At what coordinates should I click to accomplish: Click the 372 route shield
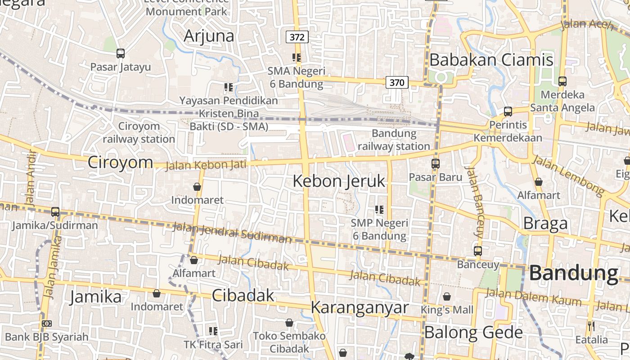click(x=297, y=37)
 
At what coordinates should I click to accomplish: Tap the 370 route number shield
click(x=396, y=82)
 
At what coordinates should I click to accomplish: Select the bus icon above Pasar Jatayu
click(x=120, y=54)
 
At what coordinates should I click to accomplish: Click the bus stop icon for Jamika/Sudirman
click(x=55, y=211)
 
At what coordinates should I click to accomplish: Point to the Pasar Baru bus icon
click(x=435, y=164)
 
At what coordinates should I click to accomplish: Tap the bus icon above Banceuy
click(x=477, y=251)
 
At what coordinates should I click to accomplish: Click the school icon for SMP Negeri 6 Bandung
click(x=379, y=210)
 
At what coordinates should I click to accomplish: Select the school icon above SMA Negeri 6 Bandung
click(x=296, y=58)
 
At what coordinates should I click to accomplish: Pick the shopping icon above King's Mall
click(x=446, y=297)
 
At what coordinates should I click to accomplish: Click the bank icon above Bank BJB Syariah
click(x=46, y=324)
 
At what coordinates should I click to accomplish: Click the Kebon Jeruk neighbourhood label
click(x=339, y=181)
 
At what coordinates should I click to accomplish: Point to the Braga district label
click(x=545, y=224)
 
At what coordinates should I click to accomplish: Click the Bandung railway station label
click(x=394, y=140)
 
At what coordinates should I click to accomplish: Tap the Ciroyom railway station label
click(x=139, y=132)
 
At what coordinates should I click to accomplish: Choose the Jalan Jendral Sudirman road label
click(x=232, y=232)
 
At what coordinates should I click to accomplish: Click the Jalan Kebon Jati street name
click(x=206, y=165)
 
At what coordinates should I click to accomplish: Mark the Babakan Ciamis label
click(x=491, y=60)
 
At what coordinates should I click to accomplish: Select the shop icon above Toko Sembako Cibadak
click(x=289, y=323)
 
